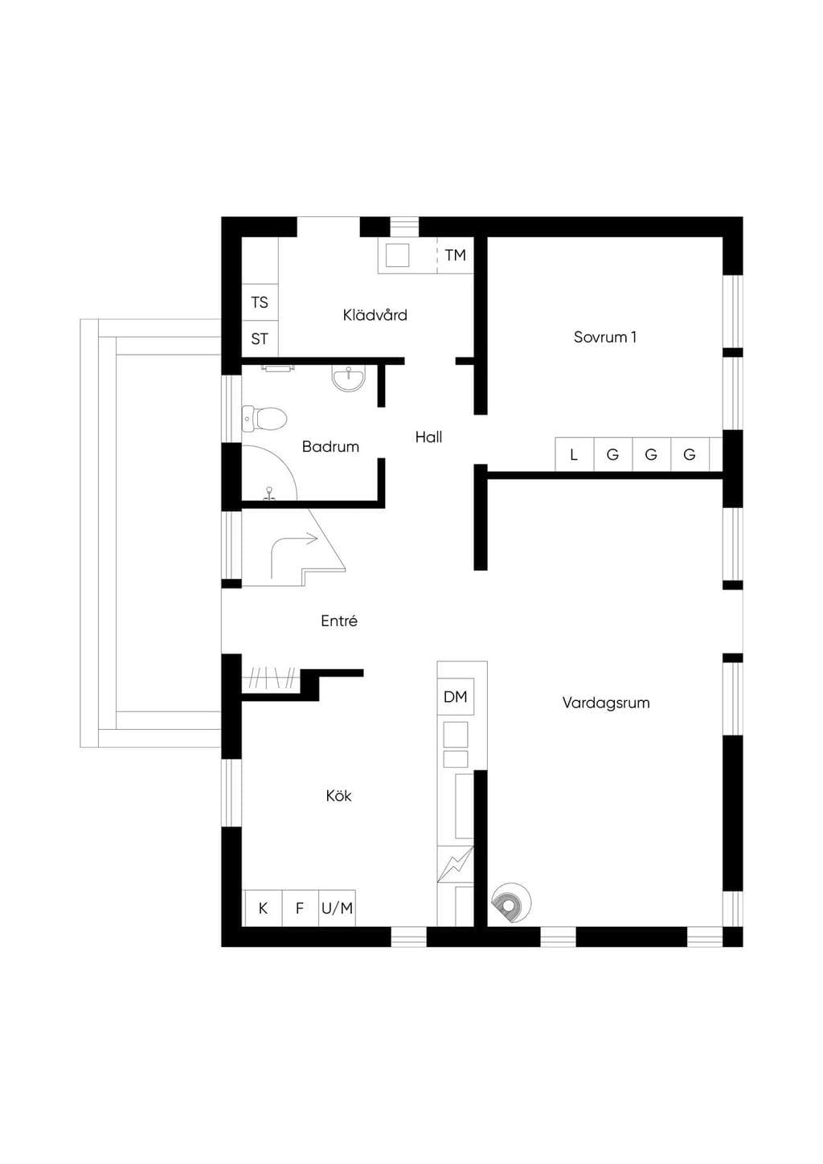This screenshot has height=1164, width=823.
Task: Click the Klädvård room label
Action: [x=375, y=315]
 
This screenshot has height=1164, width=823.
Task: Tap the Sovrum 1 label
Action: [x=604, y=338]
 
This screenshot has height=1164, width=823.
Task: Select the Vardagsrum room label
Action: [x=606, y=703]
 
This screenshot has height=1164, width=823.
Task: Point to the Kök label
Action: [x=338, y=796]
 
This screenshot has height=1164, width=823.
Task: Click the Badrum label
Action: [x=330, y=446]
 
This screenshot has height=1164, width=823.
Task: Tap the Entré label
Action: [x=339, y=621]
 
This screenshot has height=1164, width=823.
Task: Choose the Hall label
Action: [x=428, y=437]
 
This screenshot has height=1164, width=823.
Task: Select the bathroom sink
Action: [x=349, y=377]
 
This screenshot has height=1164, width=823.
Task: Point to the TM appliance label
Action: [x=455, y=255]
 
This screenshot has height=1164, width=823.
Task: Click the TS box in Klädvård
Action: [x=260, y=302]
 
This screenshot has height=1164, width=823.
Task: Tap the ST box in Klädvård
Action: [x=260, y=338]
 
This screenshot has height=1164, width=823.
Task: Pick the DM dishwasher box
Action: [x=456, y=697]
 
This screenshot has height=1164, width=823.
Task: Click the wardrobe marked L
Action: [x=574, y=455]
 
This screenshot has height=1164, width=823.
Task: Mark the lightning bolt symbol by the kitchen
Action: [x=455, y=864]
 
